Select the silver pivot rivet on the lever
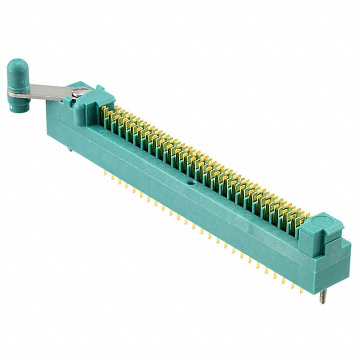click(x=80, y=92)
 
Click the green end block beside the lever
click(x=84, y=104)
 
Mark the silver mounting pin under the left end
click(x=69, y=149)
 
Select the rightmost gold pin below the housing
click(x=301, y=290)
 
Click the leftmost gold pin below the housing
click(x=105, y=173)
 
